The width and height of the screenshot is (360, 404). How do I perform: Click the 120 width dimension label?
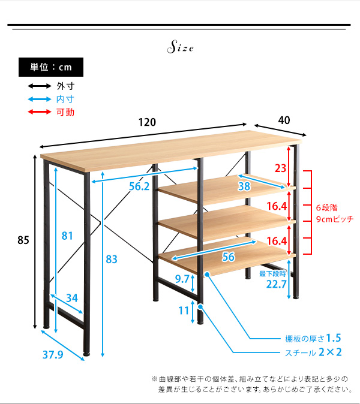(147, 122)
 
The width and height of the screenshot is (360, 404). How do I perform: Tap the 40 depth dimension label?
(284, 120)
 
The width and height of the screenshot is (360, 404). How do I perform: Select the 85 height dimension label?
(23, 240)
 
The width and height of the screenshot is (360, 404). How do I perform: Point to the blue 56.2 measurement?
(139, 186)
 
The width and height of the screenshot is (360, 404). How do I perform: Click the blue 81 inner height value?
(67, 236)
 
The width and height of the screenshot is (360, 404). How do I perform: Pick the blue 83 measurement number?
(112, 259)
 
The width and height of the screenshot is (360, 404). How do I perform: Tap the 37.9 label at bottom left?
(53, 355)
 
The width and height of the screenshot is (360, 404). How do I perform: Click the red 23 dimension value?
(280, 168)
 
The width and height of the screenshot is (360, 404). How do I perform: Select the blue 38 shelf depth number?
(244, 186)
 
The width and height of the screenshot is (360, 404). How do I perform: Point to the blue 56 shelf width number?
(228, 257)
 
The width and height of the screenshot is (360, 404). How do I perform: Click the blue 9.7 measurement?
(182, 279)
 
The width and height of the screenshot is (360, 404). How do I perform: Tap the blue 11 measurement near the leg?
(184, 310)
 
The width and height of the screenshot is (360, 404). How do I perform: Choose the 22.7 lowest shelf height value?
(276, 284)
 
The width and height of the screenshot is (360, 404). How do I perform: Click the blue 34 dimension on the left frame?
(71, 298)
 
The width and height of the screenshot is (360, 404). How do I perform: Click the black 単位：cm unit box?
(51, 67)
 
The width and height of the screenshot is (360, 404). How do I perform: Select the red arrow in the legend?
(40, 112)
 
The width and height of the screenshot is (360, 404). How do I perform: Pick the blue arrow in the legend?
(40, 99)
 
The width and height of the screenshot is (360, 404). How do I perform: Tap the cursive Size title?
(180, 47)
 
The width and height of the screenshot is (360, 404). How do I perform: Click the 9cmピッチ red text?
(335, 219)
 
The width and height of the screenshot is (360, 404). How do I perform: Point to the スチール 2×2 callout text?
(313, 352)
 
